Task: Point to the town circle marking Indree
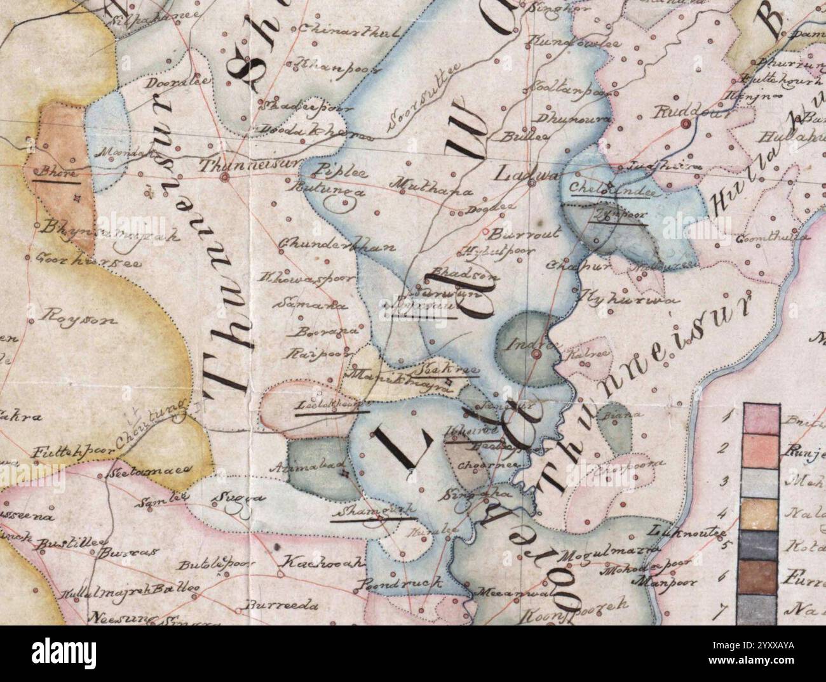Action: click(x=536, y=354)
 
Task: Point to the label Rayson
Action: click(x=81, y=319)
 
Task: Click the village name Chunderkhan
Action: click(x=328, y=246)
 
